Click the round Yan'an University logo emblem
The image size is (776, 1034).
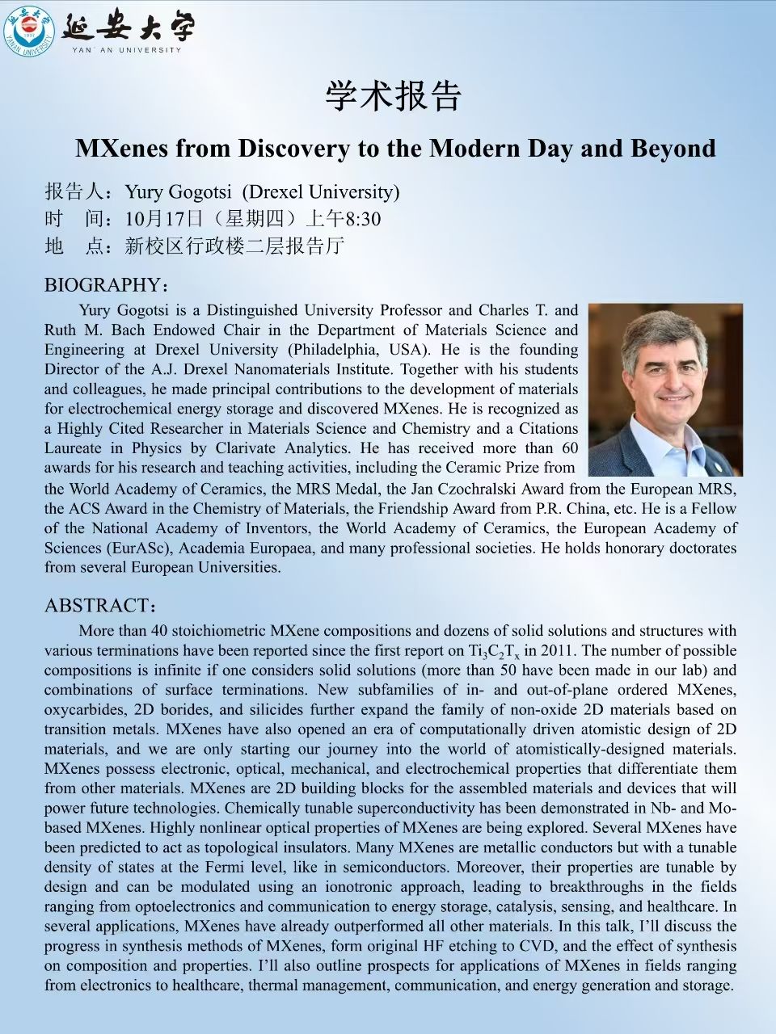tap(29, 30)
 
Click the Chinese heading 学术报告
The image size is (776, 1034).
tap(393, 96)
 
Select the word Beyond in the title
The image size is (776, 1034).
tap(675, 149)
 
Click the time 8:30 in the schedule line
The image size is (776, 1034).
tap(363, 219)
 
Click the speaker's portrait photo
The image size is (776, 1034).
tap(664, 389)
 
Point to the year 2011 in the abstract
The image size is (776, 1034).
tap(555, 650)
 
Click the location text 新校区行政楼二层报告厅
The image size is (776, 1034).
tap(234, 246)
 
